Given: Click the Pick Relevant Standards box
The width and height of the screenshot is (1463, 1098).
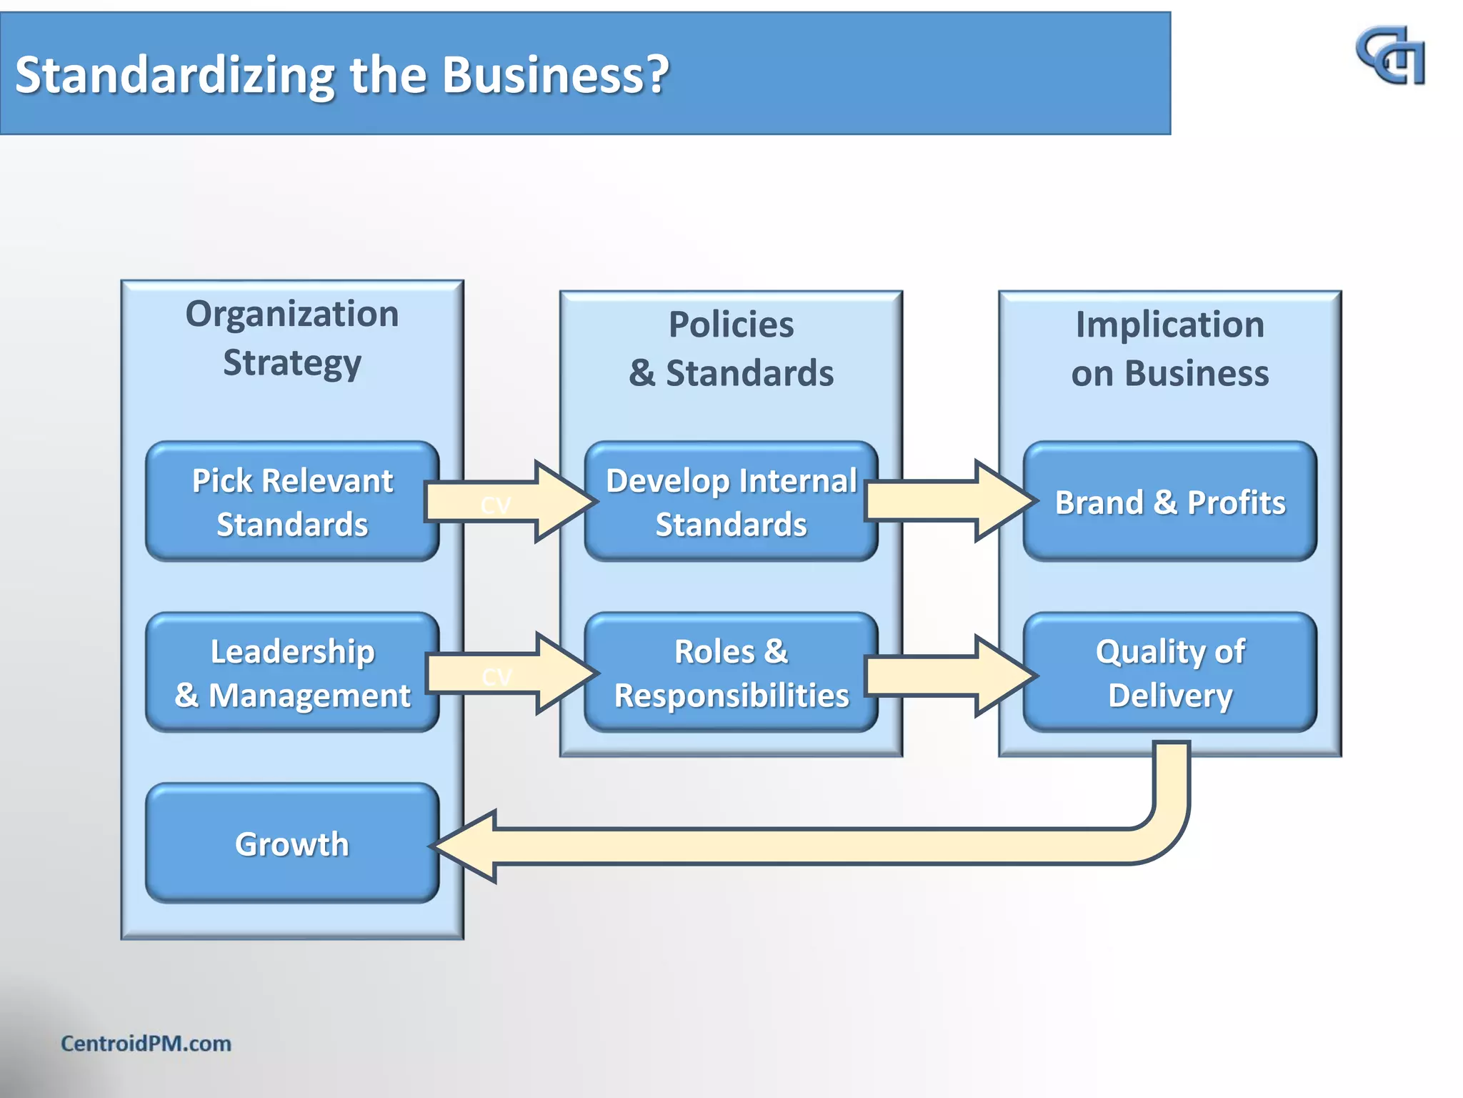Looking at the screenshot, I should click(x=291, y=501).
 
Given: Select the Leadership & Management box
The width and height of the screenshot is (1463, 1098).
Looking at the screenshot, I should click(x=291, y=672).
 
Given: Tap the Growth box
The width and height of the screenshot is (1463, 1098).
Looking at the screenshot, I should click(x=291, y=844).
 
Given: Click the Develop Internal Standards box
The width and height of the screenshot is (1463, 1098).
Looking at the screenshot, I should click(x=731, y=501).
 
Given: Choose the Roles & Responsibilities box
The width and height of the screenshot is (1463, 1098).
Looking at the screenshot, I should click(x=731, y=672).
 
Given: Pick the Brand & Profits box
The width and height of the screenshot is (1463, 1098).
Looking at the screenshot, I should click(x=1169, y=501).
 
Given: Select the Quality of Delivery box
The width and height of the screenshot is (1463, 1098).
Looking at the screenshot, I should click(x=1169, y=672).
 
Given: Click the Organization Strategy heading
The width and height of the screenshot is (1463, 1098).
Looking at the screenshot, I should click(x=291, y=338).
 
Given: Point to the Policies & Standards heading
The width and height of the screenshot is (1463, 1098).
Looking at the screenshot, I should click(x=731, y=349).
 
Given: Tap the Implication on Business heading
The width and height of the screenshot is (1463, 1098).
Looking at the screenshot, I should click(x=1169, y=349).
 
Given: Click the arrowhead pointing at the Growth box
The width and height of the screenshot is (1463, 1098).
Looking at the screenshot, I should click(x=468, y=846).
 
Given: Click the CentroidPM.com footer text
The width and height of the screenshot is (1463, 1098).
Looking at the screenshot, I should click(x=146, y=1043).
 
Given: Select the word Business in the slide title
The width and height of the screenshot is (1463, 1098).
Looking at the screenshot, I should click(x=556, y=74).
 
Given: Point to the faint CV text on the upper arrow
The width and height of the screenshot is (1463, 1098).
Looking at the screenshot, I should click(x=496, y=505).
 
